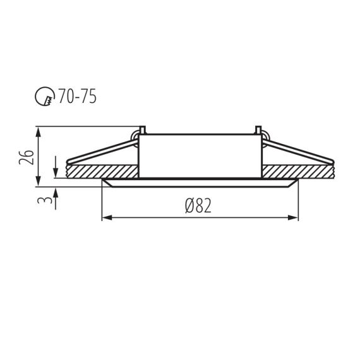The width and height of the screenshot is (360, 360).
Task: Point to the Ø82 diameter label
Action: [x=198, y=206]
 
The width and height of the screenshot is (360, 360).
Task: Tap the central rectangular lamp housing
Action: [x=200, y=155]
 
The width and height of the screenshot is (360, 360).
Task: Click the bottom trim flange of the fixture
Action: [x=200, y=184]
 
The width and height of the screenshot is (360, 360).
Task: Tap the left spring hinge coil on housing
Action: [x=136, y=135]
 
